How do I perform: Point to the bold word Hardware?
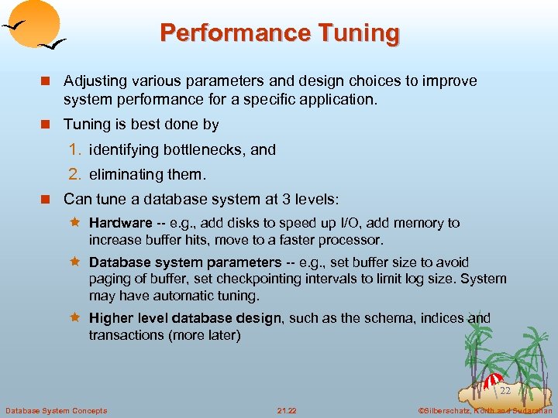tap(120, 223)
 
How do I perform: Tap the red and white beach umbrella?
tap(493, 381)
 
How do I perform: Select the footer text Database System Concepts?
tap(56, 410)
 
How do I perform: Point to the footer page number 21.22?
tap(287, 410)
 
